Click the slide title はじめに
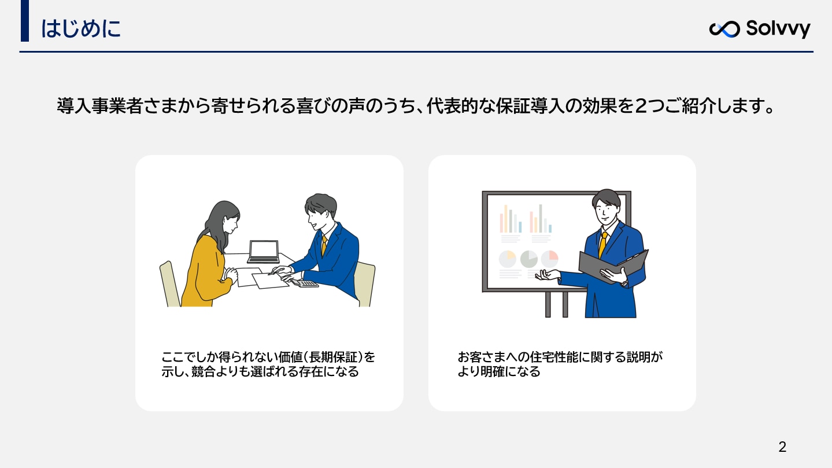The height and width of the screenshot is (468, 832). pyautogui.click(x=81, y=28)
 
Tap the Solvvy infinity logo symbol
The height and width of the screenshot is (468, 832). pyautogui.click(x=724, y=29)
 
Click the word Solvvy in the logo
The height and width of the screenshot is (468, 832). pyautogui.click(x=778, y=28)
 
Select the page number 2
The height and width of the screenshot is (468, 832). pyautogui.click(x=782, y=447)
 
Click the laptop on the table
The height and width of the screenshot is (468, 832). pyautogui.click(x=263, y=252)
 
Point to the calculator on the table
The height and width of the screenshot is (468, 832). pyautogui.click(x=305, y=283)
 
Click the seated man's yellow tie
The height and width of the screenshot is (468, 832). pyautogui.click(x=324, y=245)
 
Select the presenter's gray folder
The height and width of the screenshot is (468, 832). pyautogui.click(x=613, y=266)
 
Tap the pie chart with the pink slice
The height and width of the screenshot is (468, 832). pyautogui.click(x=550, y=259)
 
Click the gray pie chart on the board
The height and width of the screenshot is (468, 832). pyautogui.click(x=529, y=259)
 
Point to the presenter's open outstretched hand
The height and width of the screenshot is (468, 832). pyautogui.click(x=547, y=275)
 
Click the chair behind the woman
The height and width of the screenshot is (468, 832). pyautogui.click(x=170, y=285)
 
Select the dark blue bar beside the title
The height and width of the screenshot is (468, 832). pyautogui.click(x=25, y=21)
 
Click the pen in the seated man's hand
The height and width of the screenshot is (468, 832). pyautogui.click(x=276, y=271)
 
